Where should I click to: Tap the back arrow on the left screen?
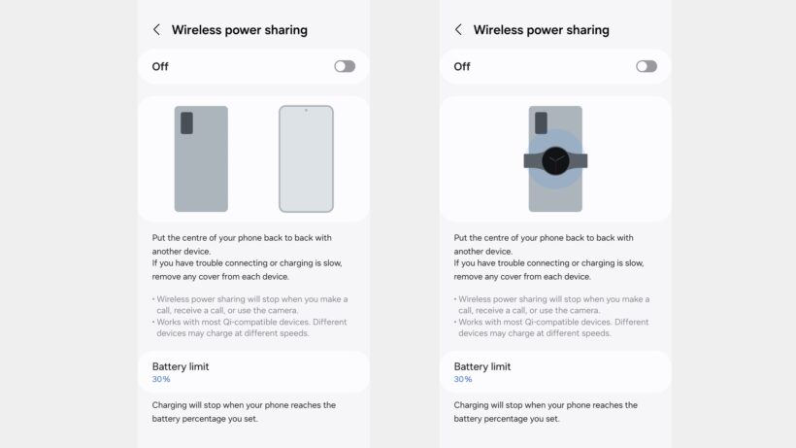[x=156, y=29]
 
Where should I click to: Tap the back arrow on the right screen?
[x=458, y=29]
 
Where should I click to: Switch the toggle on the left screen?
[x=345, y=66]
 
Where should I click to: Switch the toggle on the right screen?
[x=647, y=66]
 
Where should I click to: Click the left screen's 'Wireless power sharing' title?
[x=240, y=30]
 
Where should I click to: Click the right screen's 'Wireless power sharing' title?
[x=541, y=30]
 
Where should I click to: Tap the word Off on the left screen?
[x=160, y=66]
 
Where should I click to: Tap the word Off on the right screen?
[x=462, y=66]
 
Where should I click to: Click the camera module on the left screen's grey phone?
[x=186, y=122]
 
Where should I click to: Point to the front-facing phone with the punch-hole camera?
[x=306, y=158]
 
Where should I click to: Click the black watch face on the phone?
[x=555, y=161]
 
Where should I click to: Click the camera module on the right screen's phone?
[x=541, y=122]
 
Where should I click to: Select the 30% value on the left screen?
[x=161, y=379]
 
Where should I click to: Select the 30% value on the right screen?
[x=463, y=379]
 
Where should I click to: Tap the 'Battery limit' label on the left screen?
[x=181, y=366]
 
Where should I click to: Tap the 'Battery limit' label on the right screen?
[x=482, y=366]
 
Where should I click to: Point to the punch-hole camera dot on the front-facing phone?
[x=306, y=110]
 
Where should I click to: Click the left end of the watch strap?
[x=524, y=161]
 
